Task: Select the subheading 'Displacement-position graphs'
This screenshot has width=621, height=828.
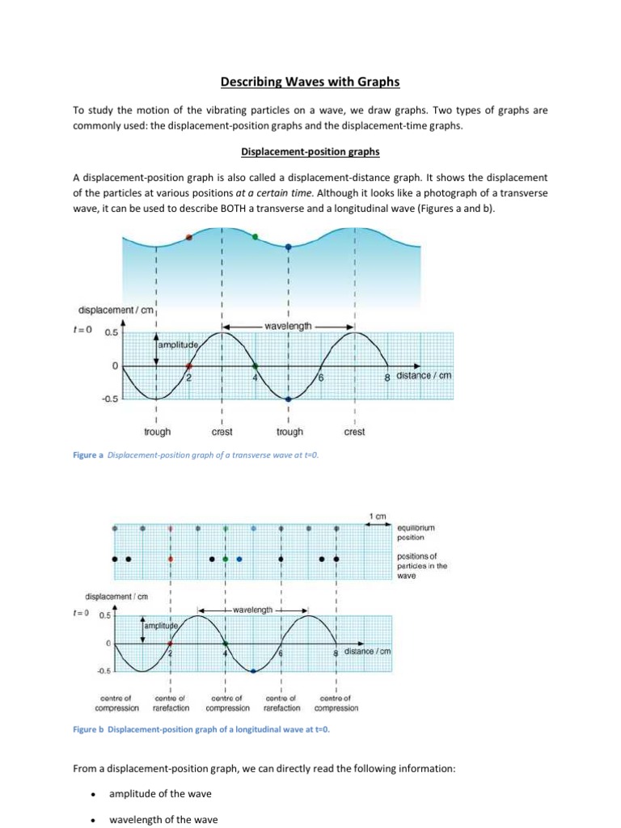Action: tap(310, 151)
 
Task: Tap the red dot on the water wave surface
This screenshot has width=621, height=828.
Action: tap(188, 237)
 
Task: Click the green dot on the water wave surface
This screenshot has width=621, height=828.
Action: tap(255, 237)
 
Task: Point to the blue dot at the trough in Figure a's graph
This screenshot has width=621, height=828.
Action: tap(289, 399)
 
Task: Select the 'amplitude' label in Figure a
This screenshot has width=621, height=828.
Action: tap(180, 344)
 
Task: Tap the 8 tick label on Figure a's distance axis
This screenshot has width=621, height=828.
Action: tap(387, 376)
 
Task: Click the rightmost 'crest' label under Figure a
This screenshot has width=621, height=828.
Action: tap(354, 432)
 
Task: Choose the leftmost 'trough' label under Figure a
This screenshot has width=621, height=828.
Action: tap(157, 432)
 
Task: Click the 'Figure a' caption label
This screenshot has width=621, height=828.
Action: tap(90, 455)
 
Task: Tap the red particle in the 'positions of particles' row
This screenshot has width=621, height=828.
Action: tap(171, 559)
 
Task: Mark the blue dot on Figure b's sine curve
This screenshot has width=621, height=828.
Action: tap(253, 671)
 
